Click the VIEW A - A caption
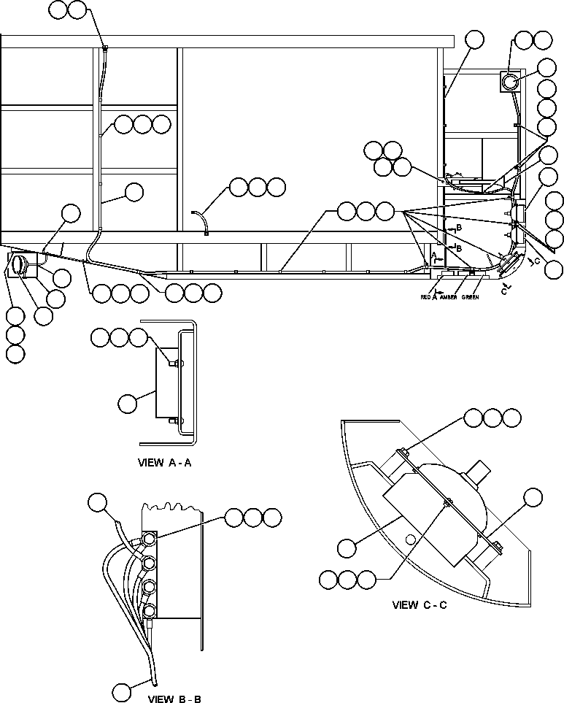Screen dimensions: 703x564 coord(164,462)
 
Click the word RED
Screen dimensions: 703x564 coord(426,298)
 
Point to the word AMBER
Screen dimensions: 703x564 coord(449,298)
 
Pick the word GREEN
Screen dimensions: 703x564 coord(471,298)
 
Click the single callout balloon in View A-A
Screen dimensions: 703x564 coord(128,402)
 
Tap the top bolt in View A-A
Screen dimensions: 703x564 coord(176,362)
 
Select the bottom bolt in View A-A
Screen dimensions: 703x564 coord(174,420)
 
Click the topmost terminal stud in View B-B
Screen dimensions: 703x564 coord(149,539)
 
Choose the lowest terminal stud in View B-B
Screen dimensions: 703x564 coord(149,610)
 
